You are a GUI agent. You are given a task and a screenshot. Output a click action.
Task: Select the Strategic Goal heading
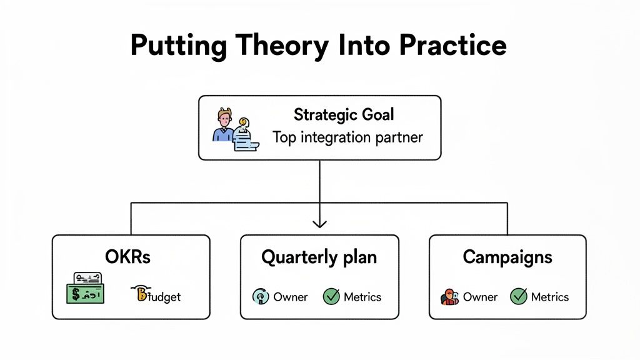[x=344, y=115]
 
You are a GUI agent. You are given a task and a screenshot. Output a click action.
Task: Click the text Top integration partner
[x=347, y=137]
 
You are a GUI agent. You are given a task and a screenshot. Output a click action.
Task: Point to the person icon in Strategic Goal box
[x=223, y=126]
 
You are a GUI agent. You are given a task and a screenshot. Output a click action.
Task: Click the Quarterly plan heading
[x=319, y=257]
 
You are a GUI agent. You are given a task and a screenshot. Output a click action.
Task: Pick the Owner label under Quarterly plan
[x=291, y=297]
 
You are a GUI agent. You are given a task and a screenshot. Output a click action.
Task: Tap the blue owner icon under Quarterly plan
[x=260, y=297]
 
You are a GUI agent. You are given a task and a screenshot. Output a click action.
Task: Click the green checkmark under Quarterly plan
[x=331, y=296]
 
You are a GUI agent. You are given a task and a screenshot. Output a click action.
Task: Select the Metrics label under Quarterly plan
[x=362, y=297]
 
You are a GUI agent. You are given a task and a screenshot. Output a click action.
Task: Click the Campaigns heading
[x=507, y=257]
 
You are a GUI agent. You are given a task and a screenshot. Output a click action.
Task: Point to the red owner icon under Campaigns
[x=449, y=297]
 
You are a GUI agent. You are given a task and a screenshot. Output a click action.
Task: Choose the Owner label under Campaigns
[x=480, y=297]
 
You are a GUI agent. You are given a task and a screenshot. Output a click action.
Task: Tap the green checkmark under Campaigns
[x=519, y=296]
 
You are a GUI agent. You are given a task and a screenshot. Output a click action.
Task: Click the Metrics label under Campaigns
[x=550, y=297]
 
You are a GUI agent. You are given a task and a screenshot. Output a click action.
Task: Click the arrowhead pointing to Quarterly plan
[x=319, y=222]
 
